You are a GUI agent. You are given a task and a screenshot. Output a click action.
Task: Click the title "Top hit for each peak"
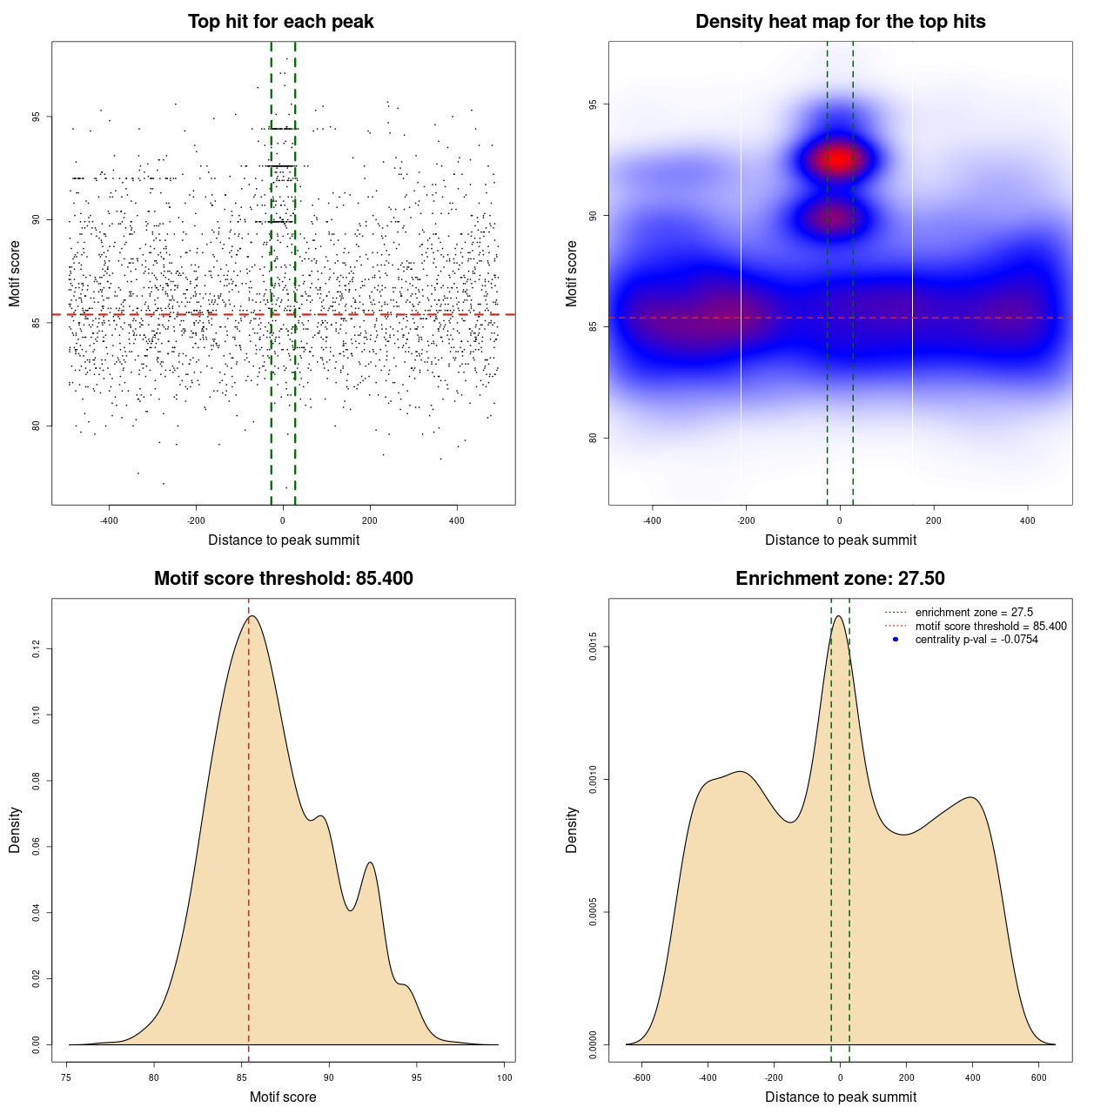coord(280,22)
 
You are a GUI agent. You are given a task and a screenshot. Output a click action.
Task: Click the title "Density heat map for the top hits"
coord(840,22)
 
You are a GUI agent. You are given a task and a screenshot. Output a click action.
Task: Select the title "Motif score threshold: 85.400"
coord(283,579)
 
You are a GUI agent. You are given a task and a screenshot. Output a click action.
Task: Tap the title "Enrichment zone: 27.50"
coord(840,579)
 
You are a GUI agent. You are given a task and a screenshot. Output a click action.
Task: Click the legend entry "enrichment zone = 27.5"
coord(974,613)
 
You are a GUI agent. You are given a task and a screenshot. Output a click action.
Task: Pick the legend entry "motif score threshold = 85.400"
coord(990,626)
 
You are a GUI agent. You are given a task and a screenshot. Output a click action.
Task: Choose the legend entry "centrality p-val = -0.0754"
coord(976,640)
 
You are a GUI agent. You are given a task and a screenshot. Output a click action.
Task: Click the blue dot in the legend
coord(896,640)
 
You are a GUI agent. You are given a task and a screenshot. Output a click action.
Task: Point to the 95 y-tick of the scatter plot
coord(37,117)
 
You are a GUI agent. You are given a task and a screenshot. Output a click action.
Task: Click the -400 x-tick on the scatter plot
coord(109,521)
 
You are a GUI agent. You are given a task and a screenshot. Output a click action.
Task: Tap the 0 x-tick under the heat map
coord(840,521)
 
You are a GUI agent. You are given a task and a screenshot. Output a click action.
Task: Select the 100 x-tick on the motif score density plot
coord(505,1077)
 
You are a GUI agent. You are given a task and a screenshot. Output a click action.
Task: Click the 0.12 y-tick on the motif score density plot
coord(37,649)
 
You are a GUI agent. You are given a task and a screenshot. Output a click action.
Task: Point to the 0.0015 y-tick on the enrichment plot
coord(594,647)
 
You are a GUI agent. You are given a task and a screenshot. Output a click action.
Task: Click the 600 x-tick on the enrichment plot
coord(1038,1077)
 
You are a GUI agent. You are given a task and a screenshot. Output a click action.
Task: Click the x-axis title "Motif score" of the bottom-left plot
coord(283,1097)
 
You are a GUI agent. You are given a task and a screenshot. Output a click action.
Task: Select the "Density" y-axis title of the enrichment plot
coord(572,829)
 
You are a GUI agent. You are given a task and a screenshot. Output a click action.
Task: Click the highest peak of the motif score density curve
coord(252,616)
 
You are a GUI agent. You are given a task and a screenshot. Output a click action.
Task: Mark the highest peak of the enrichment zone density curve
coord(839,616)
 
